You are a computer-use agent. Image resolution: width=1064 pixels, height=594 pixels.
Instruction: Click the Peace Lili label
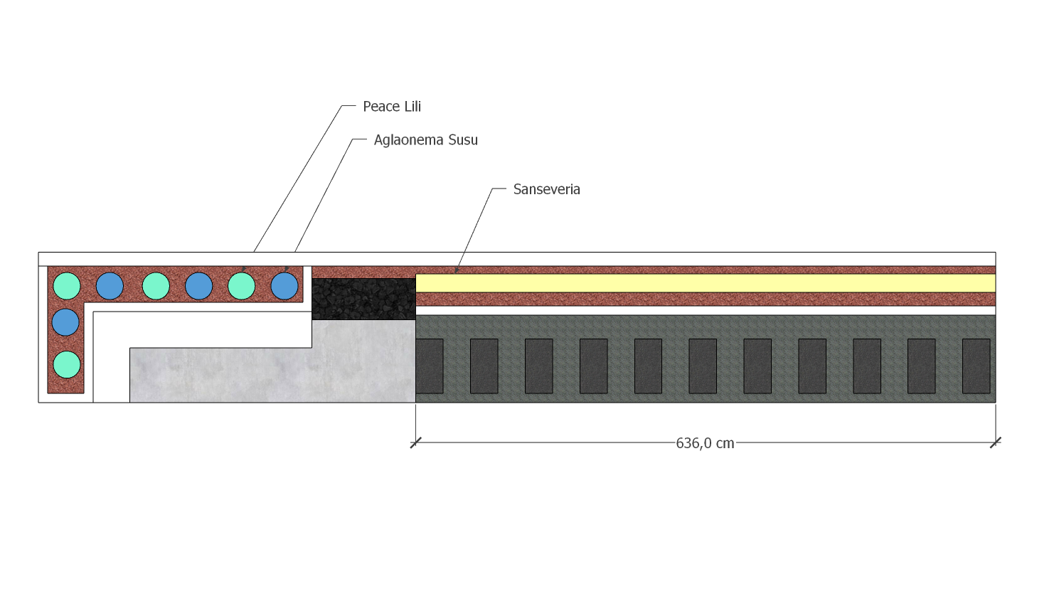(x=392, y=107)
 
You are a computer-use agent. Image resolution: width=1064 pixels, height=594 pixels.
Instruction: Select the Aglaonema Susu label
(x=425, y=139)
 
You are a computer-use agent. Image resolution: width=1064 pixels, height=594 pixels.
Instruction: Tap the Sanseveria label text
(x=547, y=189)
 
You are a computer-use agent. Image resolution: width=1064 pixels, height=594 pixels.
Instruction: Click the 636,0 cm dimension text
(x=705, y=443)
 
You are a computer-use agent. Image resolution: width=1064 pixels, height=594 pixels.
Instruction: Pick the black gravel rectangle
(x=364, y=299)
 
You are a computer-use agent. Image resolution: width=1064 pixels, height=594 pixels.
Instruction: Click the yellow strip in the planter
(x=706, y=283)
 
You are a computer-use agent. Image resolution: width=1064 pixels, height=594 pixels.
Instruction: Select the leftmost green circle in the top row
(x=67, y=286)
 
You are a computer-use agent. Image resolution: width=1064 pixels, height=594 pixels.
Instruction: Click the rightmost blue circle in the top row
(x=284, y=286)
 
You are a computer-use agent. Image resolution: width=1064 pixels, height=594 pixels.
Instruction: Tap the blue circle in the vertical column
(x=65, y=322)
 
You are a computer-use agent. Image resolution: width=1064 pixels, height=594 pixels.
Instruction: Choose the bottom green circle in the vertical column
(x=67, y=364)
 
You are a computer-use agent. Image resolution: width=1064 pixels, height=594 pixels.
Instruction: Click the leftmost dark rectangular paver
(x=430, y=366)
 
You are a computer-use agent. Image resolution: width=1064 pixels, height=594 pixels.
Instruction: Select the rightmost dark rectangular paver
(x=976, y=366)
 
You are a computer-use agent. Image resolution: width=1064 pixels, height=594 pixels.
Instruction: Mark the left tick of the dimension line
(x=415, y=443)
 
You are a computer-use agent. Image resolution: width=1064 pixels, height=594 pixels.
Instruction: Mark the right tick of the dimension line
(x=996, y=443)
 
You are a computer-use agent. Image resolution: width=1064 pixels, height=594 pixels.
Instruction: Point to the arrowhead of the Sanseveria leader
(x=457, y=270)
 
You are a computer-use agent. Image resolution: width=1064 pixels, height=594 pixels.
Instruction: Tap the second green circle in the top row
(x=156, y=286)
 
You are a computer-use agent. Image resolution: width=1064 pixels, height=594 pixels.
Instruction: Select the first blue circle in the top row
(x=110, y=286)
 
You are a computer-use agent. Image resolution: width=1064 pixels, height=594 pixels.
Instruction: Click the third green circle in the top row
(x=241, y=286)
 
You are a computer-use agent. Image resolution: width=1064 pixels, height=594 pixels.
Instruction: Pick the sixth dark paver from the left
(x=703, y=366)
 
